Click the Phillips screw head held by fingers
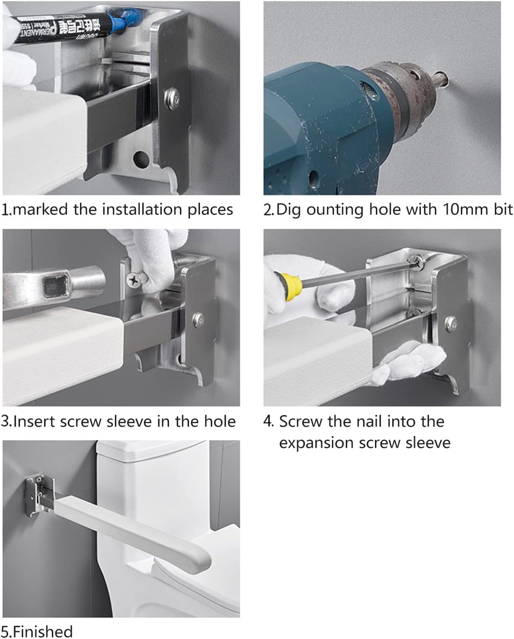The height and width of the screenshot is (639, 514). [134, 280]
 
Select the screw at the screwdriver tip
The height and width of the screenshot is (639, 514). [416, 263]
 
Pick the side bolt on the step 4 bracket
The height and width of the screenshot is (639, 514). [451, 323]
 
